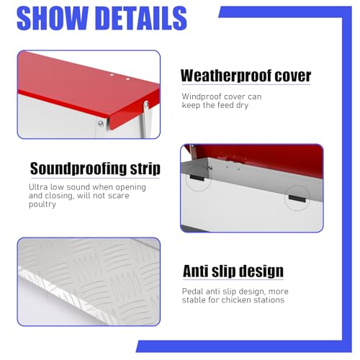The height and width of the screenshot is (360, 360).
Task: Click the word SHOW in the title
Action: click(x=53, y=18)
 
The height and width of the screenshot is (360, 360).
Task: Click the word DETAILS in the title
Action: click(x=143, y=18)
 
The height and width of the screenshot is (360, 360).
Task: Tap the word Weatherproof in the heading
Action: click(x=226, y=76)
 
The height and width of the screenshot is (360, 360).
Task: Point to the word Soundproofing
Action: click(x=78, y=168)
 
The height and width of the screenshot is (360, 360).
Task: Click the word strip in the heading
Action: click(x=145, y=168)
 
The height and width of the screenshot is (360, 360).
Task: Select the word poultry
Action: click(x=42, y=204)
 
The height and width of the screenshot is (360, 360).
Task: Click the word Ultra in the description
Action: click(x=38, y=187)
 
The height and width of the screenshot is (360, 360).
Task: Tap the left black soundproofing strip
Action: click(x=197, y=178)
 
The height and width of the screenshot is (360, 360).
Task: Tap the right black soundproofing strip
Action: click(x=297, y=199)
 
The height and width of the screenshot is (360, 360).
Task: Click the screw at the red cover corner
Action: click(x=101, y=124)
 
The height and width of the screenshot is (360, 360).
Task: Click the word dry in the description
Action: click(x=242, y=106)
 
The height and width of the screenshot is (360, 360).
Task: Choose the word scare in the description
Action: click(x=118, y=196)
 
